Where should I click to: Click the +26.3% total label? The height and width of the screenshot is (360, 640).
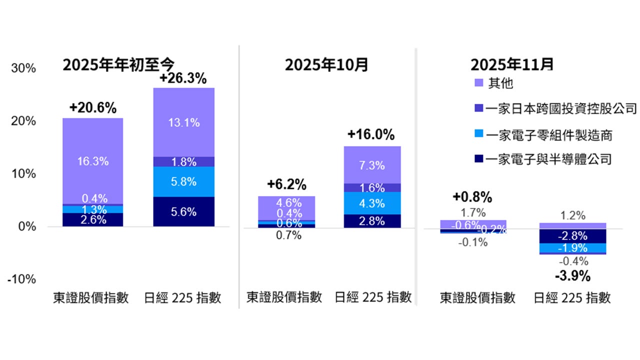coord(183,78)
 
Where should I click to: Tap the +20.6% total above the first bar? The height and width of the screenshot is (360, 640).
coord(92,108)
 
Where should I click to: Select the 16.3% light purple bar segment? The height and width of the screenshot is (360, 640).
coord(92,161)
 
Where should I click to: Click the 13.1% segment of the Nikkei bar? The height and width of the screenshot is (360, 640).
coord(183,122)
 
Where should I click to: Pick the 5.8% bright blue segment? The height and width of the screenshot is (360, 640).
coord(183,182)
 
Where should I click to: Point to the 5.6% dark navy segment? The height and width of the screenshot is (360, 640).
coord(183,211)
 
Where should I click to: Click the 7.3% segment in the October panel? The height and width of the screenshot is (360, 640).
coord(371,165)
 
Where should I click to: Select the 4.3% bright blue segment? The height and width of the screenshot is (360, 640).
coord(371,203)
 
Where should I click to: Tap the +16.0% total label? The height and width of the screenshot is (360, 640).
coord(371,135)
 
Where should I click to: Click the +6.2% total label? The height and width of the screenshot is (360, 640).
coord(286,184)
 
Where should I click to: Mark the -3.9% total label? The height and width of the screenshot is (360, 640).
coord(573,275)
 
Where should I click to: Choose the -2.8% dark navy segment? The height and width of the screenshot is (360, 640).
coord(573,236)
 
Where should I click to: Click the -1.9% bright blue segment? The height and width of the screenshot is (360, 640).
coord(573,248)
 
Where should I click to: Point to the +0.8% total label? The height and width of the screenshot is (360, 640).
coord(472,196)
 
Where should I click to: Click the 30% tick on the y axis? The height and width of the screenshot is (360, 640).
coord(23,68)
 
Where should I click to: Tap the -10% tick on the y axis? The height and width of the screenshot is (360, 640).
coord(21,279)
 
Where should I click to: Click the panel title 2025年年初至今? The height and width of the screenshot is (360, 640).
coord(118,64)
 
